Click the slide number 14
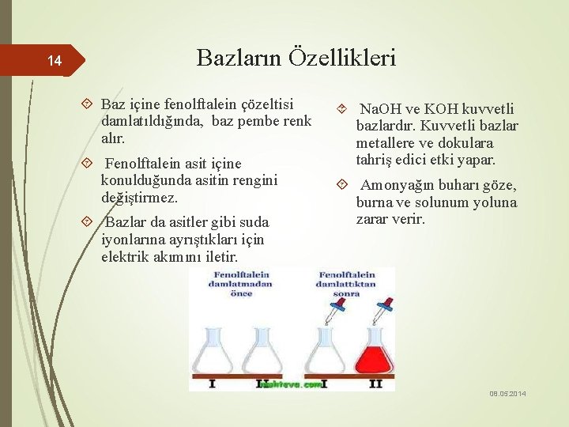[54, 61]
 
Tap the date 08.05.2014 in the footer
[507, 394]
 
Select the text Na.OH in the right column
[381, 109]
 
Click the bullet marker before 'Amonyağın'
[341, 186]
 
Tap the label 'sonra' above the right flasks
[346, 293]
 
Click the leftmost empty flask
[211, 350]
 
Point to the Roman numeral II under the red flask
[375, 384]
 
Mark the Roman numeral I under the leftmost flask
[212, 384]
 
